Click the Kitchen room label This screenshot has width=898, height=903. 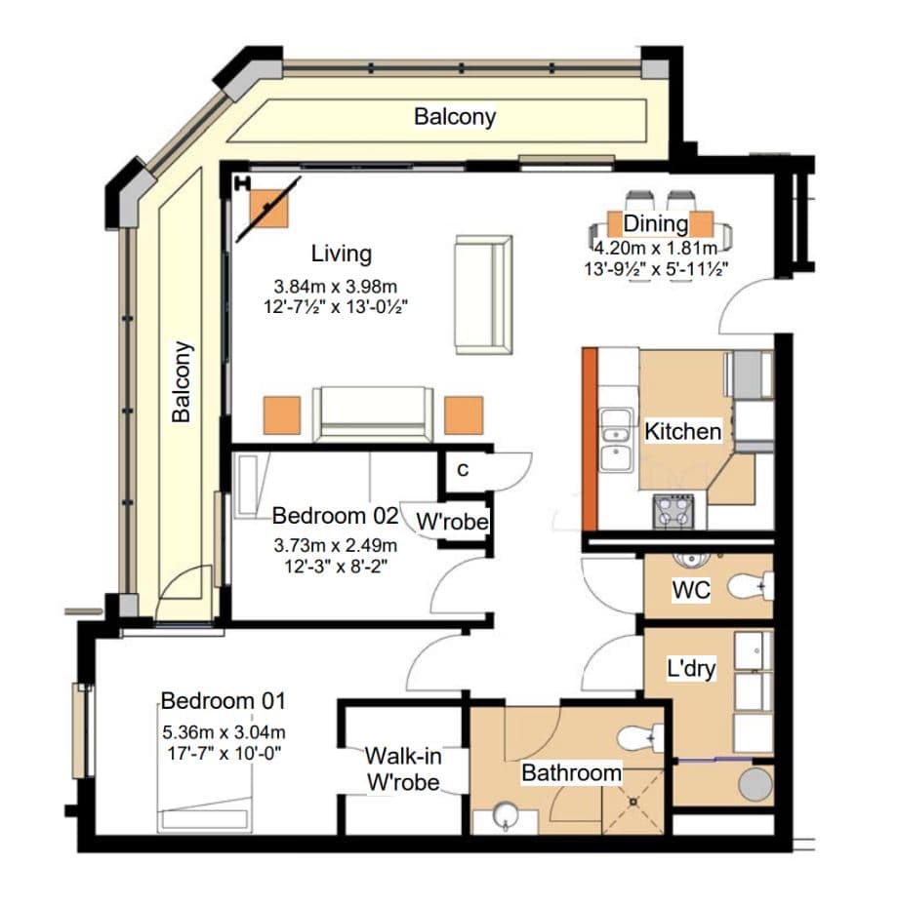tap(682, 431)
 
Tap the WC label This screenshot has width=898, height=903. tap(691, 590)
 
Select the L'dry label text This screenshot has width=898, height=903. tap(691, 669)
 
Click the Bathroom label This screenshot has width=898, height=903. tap(571, 772)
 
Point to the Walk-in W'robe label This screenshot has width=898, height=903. tap(403, 768)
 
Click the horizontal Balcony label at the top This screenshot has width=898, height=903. tap(455, 117)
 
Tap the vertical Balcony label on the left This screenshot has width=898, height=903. tap(182, 382)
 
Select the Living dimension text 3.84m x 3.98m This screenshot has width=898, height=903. tap(336, 287)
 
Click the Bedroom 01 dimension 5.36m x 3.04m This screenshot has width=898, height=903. tap(224, 732)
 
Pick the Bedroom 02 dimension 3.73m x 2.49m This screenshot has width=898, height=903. tap(336, 545)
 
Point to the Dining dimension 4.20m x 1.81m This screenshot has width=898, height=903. tap(656, 249)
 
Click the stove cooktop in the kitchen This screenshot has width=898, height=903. tap(673, 511)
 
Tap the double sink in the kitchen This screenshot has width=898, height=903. tap(616, 440)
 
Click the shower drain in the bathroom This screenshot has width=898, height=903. tap(633, 801)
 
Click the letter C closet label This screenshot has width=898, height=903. tap(463, 470)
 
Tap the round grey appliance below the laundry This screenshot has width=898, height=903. tap(755, 783)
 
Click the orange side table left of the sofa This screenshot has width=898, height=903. tap(282, 415)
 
